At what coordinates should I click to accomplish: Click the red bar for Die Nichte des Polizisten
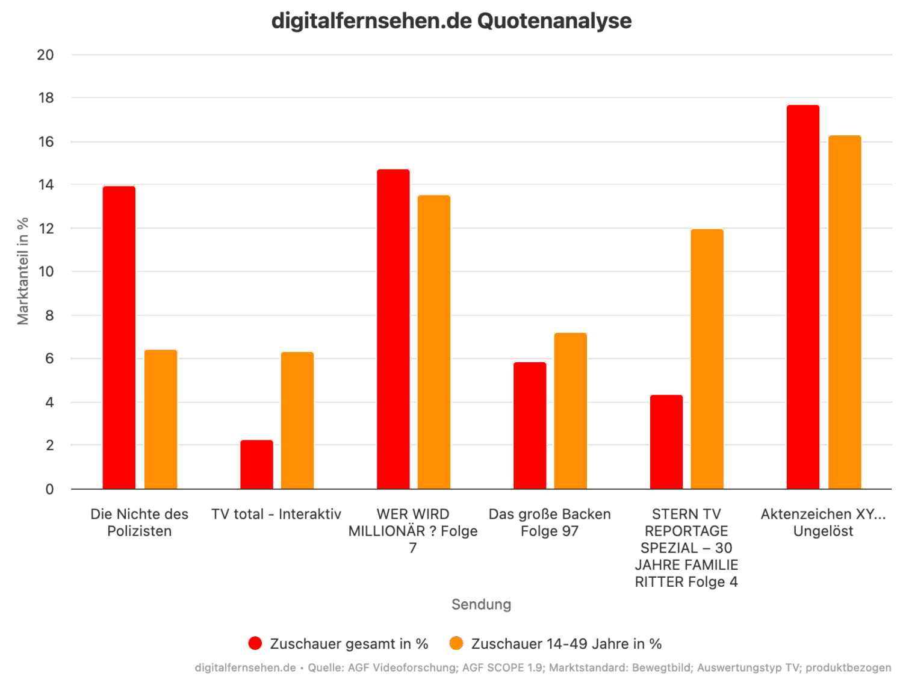click(x=119, y=337)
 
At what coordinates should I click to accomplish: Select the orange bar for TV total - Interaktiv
click(x=297, y=420)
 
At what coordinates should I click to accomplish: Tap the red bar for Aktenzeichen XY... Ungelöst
click(x=803, y=297)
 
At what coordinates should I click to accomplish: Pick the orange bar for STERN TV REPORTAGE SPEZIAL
click(x=707, y=359)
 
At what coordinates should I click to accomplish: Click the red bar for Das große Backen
click(x=530, y=425)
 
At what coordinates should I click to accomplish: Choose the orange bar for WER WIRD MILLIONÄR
click(x=434, y=342)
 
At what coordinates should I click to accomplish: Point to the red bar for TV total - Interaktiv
click(x=256, y=464)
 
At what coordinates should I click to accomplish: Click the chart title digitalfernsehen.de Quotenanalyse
click(x=451, y=21)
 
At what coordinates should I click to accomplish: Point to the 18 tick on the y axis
click(x=45, y=98)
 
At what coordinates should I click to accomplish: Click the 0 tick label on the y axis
click(x=49, y=489)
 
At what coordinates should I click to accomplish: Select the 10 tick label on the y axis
click(x=45, y=272)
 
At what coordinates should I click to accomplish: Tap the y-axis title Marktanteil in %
click(x=23, y=271)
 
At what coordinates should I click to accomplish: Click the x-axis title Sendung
click(x=481, y=604)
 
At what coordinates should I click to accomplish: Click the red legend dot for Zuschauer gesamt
click(x=255, y=643)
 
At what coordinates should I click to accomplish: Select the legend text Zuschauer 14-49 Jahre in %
click(x=566, y=644)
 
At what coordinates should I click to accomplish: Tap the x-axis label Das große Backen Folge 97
click(x=549, y=522)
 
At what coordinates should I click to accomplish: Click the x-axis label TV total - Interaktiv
click(x=276, y=515)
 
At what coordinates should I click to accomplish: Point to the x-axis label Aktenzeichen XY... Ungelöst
click(x=823, y=522)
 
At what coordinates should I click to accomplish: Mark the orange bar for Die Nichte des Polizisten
click(x=161, y=419)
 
